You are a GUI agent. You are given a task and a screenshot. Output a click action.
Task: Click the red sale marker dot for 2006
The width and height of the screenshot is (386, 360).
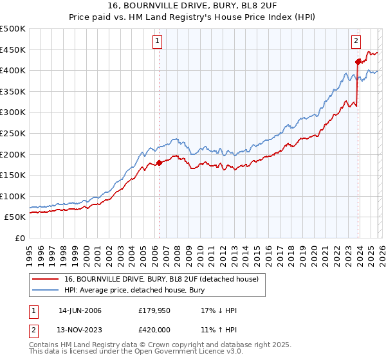[159, 163]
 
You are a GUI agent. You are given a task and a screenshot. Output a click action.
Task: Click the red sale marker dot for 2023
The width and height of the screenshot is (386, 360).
[358, 62]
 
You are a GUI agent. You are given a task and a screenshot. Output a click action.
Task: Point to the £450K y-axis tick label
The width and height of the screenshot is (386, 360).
[13, 50]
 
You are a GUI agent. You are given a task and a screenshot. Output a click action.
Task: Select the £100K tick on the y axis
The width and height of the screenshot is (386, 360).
[13, 196]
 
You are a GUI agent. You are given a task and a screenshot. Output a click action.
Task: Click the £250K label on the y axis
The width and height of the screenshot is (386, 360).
[13, 133]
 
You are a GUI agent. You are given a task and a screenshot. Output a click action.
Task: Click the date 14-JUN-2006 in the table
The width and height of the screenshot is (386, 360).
[80, 310]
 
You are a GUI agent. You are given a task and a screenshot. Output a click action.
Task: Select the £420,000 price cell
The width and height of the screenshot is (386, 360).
[154, 330]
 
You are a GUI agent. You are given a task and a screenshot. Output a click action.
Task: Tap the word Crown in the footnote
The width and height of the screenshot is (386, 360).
[158, 346]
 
